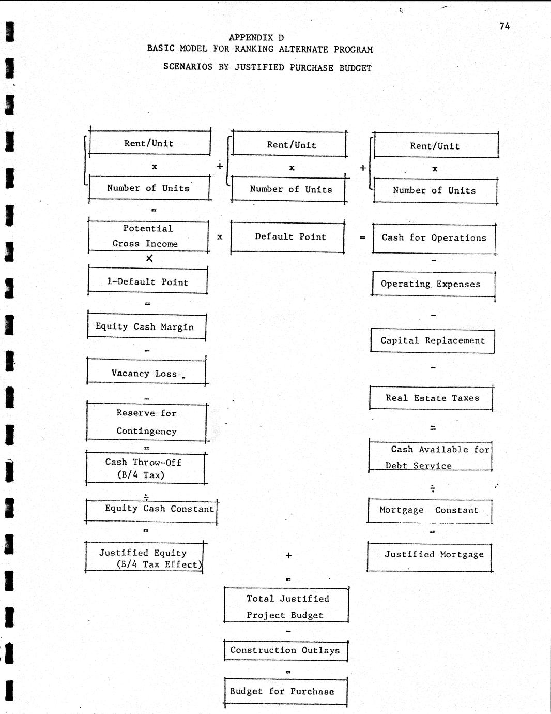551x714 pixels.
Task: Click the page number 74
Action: [504, 26]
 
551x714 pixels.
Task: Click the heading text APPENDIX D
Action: [256, 37]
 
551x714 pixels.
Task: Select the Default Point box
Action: [288, 237]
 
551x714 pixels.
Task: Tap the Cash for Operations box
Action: [434, 238]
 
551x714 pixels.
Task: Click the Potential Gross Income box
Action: [148, 236]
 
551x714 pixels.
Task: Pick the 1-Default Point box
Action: [147, 282]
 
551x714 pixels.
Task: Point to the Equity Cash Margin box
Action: [146, 326]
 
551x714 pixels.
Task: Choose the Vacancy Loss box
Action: [146, 373]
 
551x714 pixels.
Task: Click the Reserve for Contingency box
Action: [147, 422]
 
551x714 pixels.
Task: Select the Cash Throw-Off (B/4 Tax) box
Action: [145, 468]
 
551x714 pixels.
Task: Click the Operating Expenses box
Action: [433, 284]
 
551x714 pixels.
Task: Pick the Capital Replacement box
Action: [433, 340]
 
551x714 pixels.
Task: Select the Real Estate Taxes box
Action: [432, 398]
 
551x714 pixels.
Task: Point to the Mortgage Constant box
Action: [430, 510]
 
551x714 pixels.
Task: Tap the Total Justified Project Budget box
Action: [286, 606]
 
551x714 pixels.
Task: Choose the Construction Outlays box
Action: [285, 650]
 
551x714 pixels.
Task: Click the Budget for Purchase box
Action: [286, 691]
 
